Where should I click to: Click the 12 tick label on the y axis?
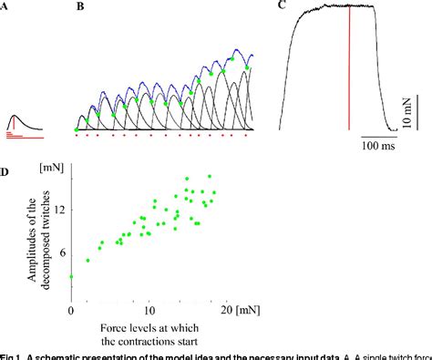(57, 209)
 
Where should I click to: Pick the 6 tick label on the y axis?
(61, 252)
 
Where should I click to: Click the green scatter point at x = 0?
(71, 275)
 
